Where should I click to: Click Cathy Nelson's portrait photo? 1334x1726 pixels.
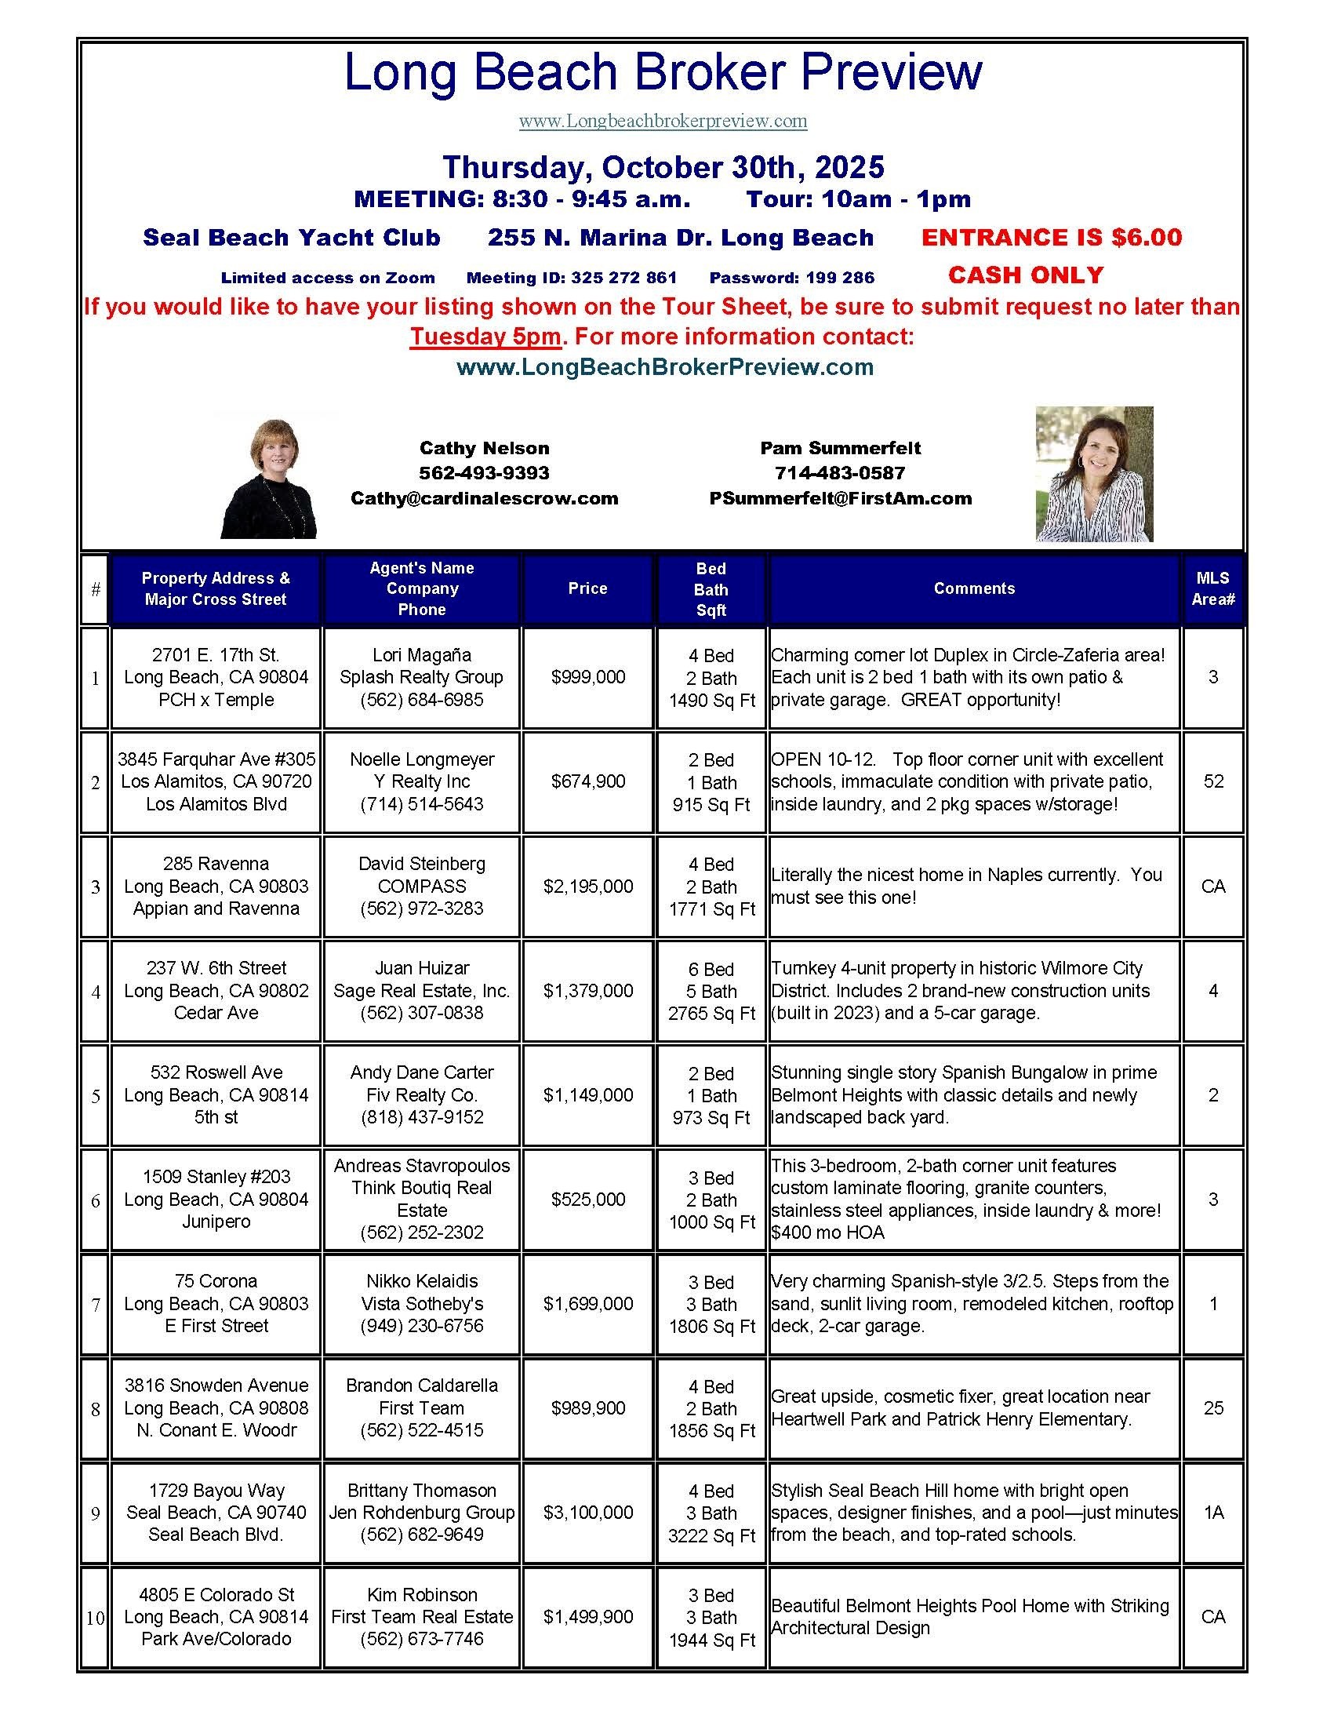[x=268, y=479]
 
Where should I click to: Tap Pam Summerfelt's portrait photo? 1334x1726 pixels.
[x=1094, y=474]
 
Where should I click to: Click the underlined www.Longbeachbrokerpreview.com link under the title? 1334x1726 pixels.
[x=663, y=121]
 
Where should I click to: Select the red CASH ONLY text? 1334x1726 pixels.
[x=1025, y=275]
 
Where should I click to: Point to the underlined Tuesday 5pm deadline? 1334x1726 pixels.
[x=485, y=337]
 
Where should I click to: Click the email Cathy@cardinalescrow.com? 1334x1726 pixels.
[x=484, y=498]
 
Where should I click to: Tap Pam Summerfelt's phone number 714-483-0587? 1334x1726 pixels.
[x=841, y=472]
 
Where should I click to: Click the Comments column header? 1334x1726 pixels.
[x=974, y=588]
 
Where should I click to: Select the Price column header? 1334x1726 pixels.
[x=587, y=588]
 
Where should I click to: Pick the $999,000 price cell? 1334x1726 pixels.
[x=587, y=677]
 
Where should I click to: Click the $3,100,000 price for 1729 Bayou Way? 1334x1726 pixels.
[x=587, y=1512]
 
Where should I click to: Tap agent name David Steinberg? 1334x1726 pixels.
[x=422, y=864]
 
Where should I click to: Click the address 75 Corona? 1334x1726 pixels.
[x=216, y=1281]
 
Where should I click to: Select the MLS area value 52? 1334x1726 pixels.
[x=1213, y=781]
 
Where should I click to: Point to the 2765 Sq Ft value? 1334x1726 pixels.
[x=711, y=1013]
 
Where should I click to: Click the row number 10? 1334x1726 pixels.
[x=95, y=1617]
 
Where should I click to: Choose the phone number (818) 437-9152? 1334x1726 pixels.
[x=422, y=1116]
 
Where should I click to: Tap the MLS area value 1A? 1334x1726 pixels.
[x=1213, y=1512]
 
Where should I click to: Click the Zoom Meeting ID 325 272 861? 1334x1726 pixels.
[x=571, y=278]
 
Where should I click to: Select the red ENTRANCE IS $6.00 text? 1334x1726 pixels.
[x=1051, y=237]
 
